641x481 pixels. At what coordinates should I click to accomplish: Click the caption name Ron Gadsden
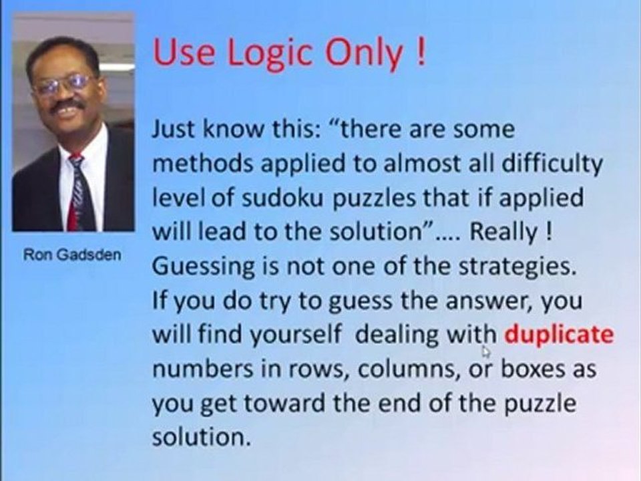click(x=73, y=257)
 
